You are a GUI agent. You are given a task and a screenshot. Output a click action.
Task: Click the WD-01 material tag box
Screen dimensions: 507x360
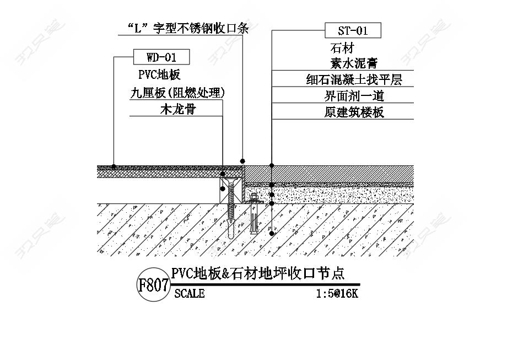point(161,57)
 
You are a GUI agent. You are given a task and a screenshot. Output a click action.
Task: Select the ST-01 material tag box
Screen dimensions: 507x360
point(353,30)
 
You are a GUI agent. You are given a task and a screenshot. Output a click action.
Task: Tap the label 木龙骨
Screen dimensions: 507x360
point(178,109)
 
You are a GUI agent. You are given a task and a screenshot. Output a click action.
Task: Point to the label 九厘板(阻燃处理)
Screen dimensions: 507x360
point(177,93)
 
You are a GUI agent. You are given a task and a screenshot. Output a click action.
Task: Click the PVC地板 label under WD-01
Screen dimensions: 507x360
point(159,75)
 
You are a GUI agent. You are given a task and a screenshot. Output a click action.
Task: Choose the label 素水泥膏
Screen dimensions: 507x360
point(354,63)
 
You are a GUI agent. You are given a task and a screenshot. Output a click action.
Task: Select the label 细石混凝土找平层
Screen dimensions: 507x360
point(354,79)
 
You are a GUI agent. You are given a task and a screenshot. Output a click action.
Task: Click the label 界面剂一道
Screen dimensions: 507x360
point(354,96)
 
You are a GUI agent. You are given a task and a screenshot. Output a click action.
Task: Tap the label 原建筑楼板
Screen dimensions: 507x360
point(354,112)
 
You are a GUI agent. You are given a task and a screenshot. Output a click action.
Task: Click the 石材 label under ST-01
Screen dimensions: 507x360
point(342,49)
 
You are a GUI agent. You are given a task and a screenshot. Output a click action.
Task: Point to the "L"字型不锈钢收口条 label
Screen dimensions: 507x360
point(188,29)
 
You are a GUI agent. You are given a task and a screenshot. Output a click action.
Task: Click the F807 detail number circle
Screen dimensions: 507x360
point(153,285)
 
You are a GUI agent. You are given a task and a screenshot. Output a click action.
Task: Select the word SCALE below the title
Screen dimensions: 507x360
point(190,294)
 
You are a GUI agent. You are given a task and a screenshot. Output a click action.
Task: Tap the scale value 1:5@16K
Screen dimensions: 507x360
point(337,294)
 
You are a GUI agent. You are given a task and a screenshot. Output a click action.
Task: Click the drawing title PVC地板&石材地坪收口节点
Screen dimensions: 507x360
point(258,274)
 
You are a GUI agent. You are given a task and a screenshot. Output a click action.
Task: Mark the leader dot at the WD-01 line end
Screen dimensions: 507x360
point(114,166)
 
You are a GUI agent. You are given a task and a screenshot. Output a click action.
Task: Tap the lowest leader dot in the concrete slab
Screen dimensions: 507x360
point(272,233)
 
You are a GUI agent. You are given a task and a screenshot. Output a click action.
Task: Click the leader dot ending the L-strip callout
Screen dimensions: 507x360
point(242,161)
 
